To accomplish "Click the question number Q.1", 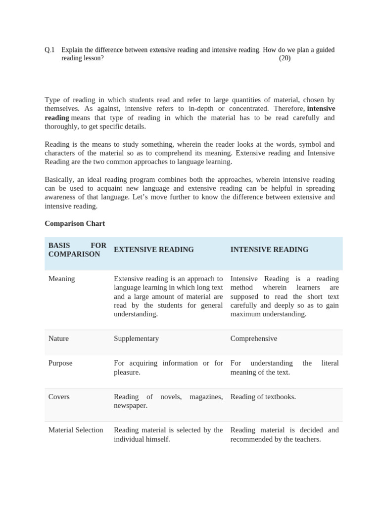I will [x=49, y=50].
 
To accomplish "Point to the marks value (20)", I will [x=285, y=58].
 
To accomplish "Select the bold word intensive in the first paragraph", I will [x=321, y=109].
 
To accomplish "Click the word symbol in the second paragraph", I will [x=296, y=144].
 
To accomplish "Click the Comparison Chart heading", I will [x=75, y=223].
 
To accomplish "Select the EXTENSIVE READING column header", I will [x=154, y=250].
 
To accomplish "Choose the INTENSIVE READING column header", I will [x=269, y=250].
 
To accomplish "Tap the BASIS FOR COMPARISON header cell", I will [x=77, y=250].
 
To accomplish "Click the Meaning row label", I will [x=62, y=279].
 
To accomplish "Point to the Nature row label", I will [x=58, y=338].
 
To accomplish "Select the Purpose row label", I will [x=60, y=363].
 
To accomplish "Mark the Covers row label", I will [x=59, y=397].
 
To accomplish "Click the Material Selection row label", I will [x=76, y=430].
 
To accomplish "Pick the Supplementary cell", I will [x=136, y=338].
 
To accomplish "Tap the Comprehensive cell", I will [x=254, y=338].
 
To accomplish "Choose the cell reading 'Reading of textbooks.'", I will [x=263, y=397].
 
